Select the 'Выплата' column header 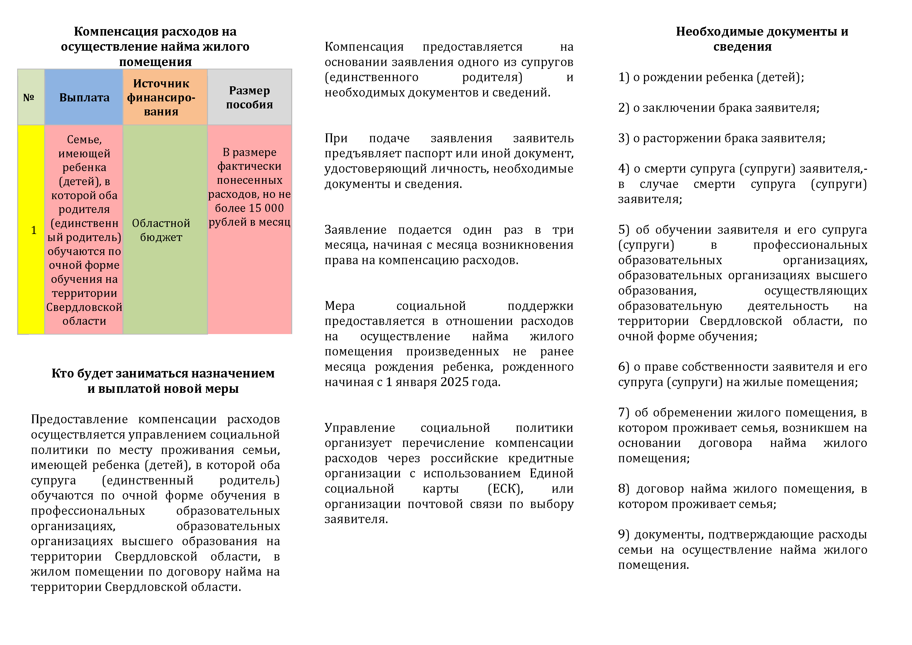pyautogui.click(x=84, y=97)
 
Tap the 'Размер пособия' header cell pyautogui.click(x=250, y=97)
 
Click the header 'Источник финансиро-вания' pyautogui.click(x=161, y=97)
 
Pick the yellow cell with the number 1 pyautogui.click(x=34, y=230)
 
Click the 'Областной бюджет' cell pyautogui.click(x=161, y=230)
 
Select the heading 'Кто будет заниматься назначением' pyautogui.click(x=163, y=373)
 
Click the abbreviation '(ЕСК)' pyautogui.click(x=505, y=488)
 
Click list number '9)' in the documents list pyautogui.click(x=624, y=534)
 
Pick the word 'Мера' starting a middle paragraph pyautogui.click(x=340, y=306)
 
